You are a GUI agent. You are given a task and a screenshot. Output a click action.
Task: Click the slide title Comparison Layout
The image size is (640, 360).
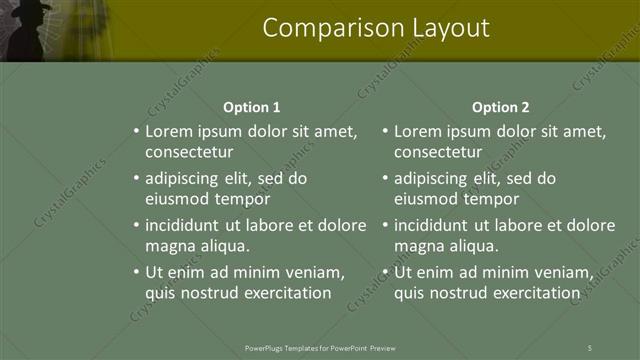click(x=376, y=28)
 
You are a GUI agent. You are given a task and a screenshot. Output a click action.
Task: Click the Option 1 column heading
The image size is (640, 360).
click(x=252, y=107)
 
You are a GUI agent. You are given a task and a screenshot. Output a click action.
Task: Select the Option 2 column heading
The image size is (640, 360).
click(x=500, y=107)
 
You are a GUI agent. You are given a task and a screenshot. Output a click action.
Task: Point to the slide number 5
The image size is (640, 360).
click(x=590, y=347)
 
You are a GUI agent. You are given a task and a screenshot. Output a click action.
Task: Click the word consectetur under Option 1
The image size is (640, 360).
click(x=189, y=152)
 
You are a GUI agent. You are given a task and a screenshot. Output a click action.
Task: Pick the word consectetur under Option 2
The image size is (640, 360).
click(x=438, y=152)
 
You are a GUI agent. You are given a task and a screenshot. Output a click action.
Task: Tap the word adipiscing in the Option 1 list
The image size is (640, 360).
click(x=184, y=179)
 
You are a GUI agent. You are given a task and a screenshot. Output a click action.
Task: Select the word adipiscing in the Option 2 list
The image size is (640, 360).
click(x=433, y=179)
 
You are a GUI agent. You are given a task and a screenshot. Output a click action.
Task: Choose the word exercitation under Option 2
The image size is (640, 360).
click(x=535, y=293)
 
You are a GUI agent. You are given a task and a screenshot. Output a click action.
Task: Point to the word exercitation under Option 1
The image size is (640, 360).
click(x=286, y=293)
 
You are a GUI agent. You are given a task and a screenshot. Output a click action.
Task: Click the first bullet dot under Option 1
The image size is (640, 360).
click(x=136, y=131)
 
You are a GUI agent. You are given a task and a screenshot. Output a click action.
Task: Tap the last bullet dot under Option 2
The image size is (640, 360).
click(x=385, y=272)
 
